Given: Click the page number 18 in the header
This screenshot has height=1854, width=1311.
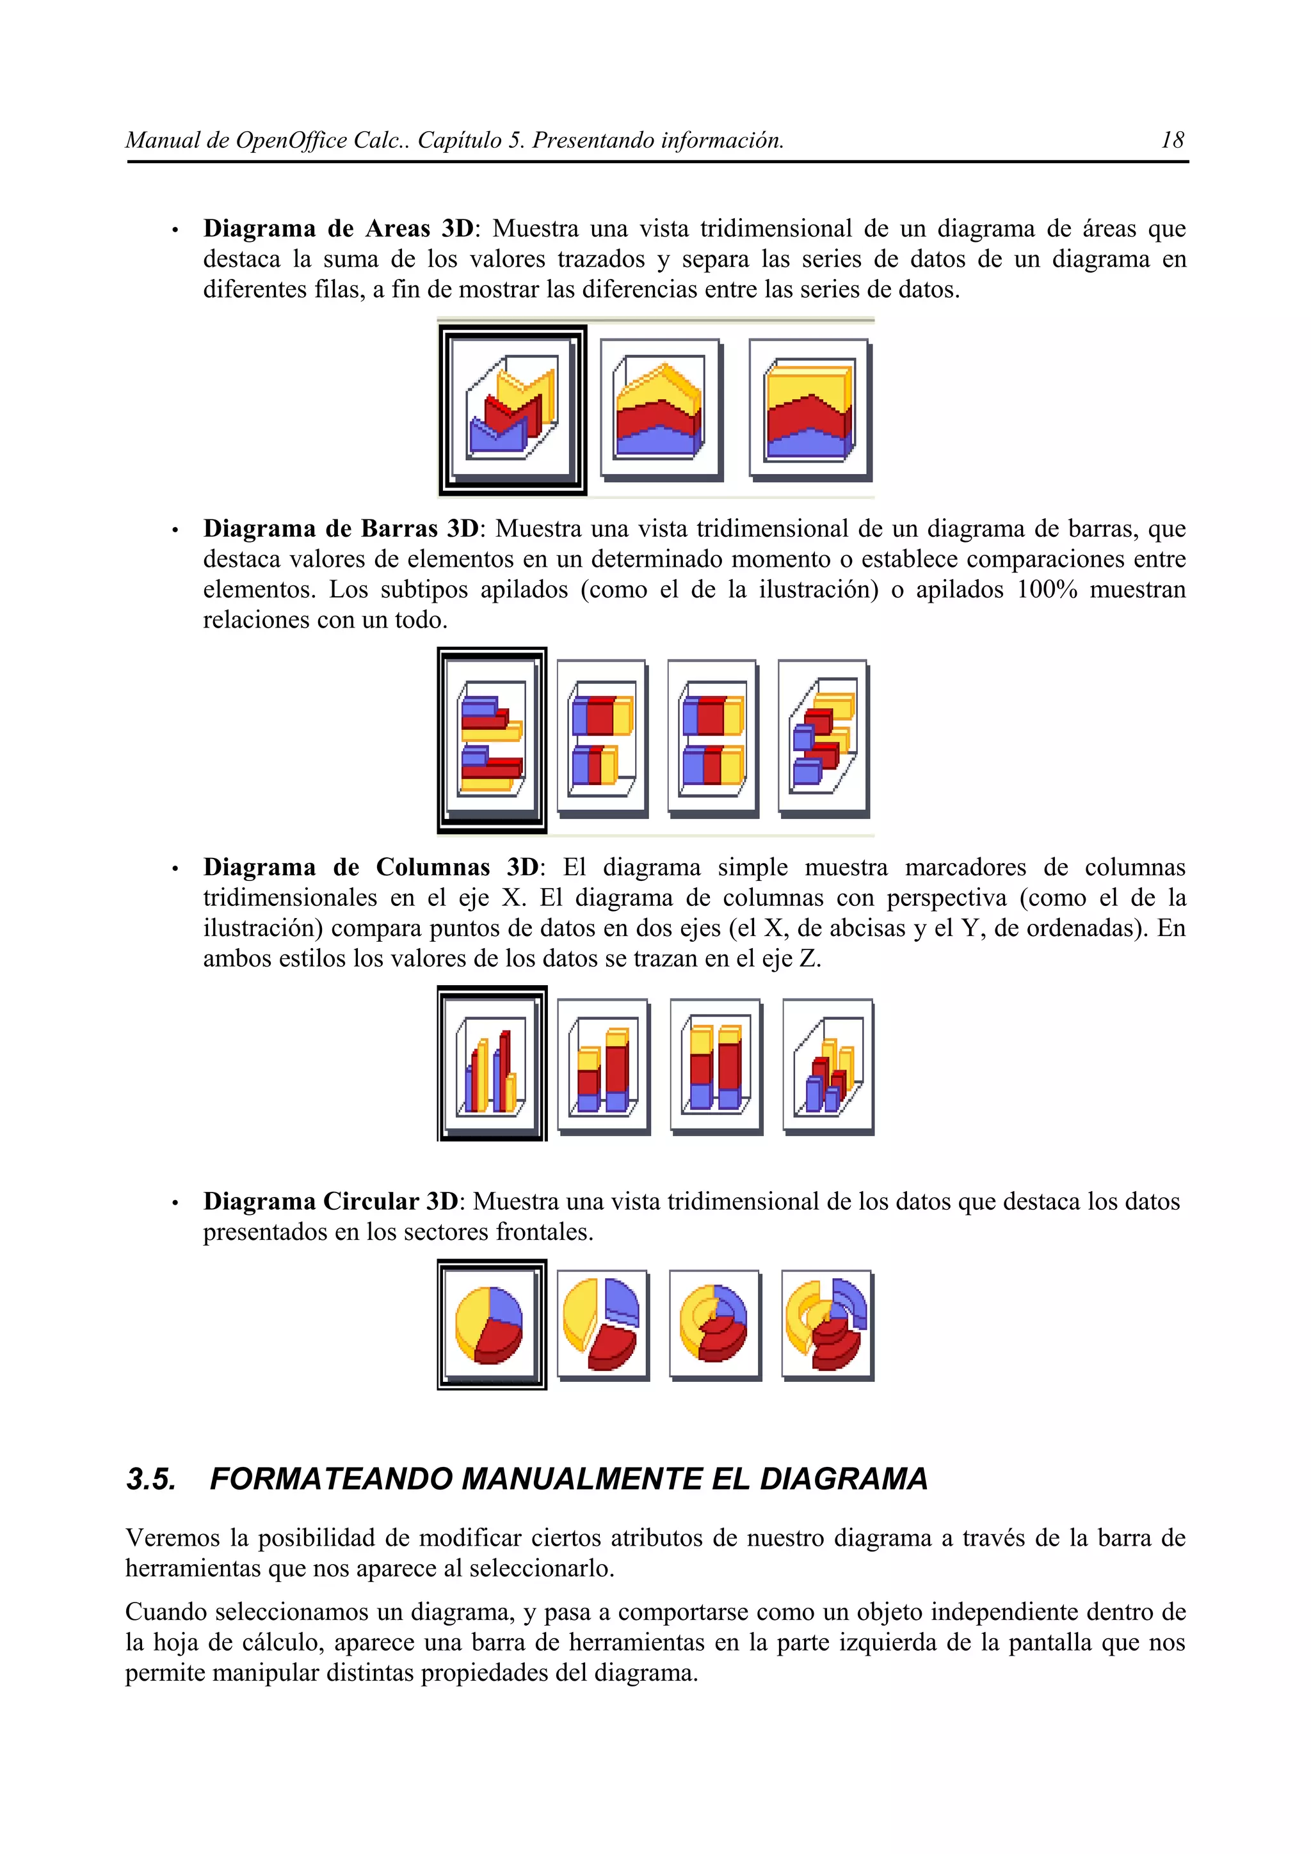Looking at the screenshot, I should (x=1171, y=141).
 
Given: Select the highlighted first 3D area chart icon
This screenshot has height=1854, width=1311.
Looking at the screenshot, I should (x=512, y=410).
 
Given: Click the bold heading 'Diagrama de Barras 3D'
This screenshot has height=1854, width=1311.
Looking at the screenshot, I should (x=341, y=529).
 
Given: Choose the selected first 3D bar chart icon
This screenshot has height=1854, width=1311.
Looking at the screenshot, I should (x=492, y=739).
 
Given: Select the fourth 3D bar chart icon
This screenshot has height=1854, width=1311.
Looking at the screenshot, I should (x=823, y=736).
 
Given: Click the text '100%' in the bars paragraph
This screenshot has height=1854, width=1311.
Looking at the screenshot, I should (x=1047, y=589).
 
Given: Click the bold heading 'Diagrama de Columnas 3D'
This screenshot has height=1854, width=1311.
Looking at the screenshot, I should (x=370, y=868).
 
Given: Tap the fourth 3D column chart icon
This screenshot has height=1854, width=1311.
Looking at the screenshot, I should (x=828, y=1065).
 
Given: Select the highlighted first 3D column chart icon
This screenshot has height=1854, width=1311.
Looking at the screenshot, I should (x=492, y=1063).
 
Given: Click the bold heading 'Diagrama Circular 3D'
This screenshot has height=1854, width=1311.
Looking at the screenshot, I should (x=330, y=1201).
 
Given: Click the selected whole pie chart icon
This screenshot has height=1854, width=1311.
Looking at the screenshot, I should (x=491, y=1324).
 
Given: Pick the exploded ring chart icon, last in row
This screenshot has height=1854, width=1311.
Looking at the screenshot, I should (x=827, y=1324).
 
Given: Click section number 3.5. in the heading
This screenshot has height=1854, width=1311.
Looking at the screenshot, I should (x=151, y=1479).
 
